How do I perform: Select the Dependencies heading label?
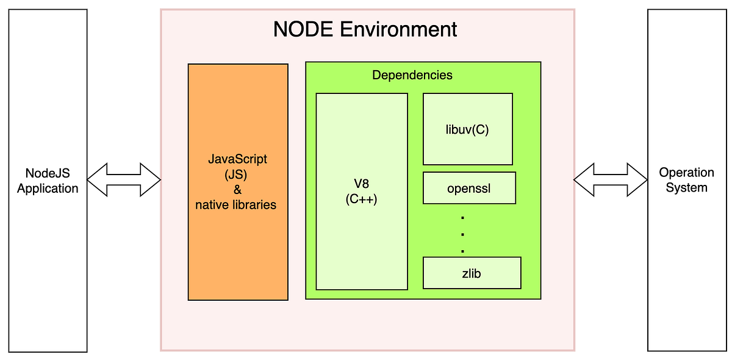[412, 75]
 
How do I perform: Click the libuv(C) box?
[467, 129]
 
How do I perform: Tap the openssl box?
[469, 188]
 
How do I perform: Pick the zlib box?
[472, 273]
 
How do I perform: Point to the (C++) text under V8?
[362, 199]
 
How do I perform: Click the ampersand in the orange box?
[237, 190]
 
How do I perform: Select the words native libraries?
[235, 205]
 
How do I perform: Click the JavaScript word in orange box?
[238, 159]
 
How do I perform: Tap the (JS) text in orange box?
[237, 175]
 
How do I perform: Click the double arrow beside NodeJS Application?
[123, 180]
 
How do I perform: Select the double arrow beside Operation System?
[610, 180]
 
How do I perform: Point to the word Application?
[48, 189]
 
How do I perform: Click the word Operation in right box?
[686, 173]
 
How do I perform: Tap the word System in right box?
[686, 187]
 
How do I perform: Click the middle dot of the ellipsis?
[462, 234]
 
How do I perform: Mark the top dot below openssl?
[462, 217]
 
